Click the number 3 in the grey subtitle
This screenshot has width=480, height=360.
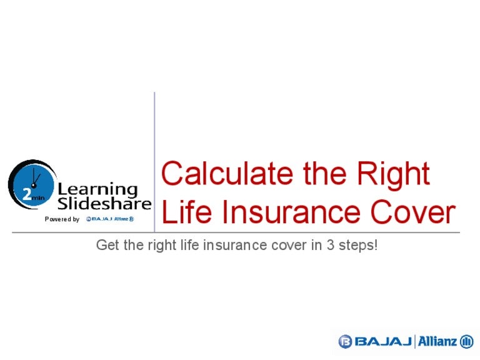coord(329,245)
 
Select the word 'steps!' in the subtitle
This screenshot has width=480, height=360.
coord(357,245)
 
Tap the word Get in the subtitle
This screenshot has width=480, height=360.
coord(106,245)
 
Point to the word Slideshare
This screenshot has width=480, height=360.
coord(104,204)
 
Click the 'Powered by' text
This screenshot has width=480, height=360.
coord(62,219)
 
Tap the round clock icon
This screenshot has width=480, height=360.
coord(31,184)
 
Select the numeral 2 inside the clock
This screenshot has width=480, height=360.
coord(27,194)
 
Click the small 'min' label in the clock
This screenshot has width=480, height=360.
coord(37,197)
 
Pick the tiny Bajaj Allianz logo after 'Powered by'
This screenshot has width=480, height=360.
coord(110,219)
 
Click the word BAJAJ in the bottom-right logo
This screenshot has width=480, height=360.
coord(383,342)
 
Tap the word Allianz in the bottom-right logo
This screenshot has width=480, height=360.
coord(437,342)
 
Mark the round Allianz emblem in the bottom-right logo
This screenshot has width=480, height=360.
coord(467,342)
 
